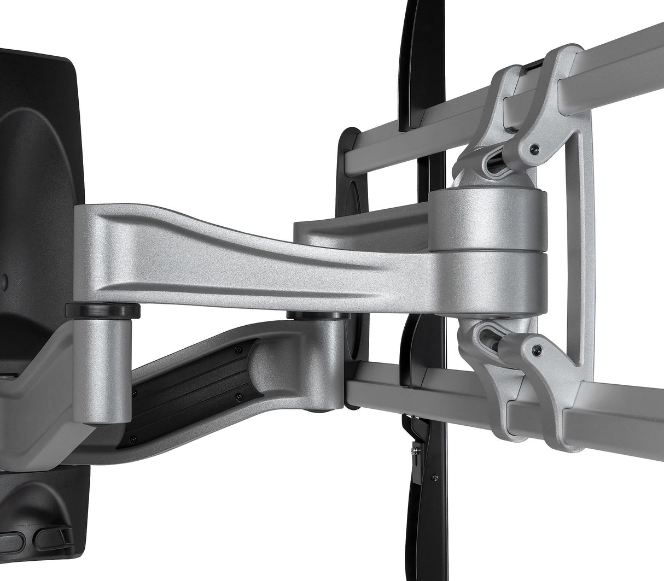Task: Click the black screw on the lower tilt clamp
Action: tap(539, 348)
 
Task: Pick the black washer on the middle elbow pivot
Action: tap(315, 315)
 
